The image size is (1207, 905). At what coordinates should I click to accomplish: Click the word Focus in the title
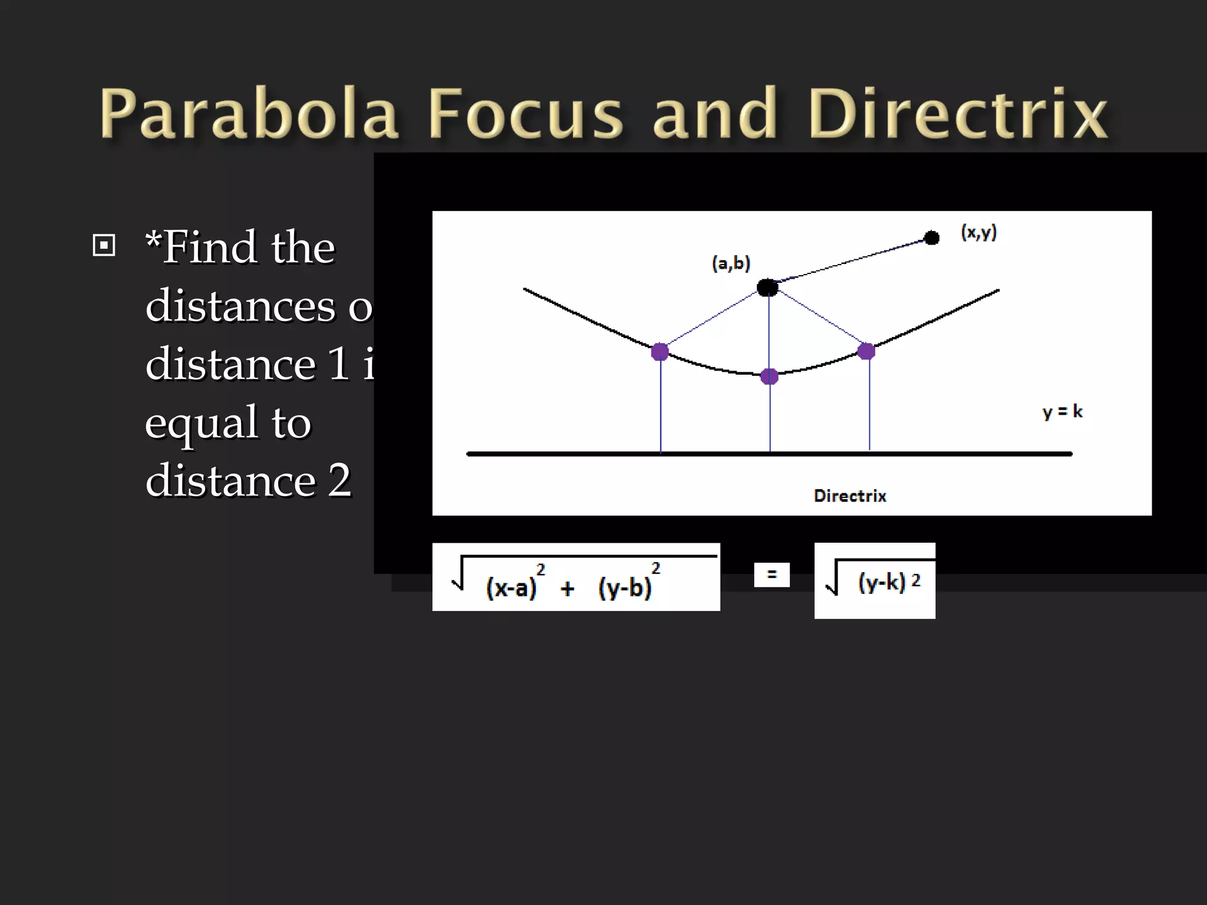[525, 113]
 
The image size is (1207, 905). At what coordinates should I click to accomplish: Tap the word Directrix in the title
[958, 113]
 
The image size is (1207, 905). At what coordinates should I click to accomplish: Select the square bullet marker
[104, 245]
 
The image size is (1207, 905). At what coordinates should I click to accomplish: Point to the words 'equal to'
[228, 422]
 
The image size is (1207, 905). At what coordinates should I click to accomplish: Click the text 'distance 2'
[248, 480]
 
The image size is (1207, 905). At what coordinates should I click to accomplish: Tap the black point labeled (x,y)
[932, 238]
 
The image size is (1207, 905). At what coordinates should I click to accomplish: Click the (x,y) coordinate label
[979, 232]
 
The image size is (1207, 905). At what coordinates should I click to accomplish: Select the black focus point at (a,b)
[767, 288]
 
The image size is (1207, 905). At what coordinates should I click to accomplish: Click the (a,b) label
[731, 263]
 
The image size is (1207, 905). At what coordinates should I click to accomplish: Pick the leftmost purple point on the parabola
[660, 352]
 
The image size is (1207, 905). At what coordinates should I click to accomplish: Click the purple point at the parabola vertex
[769, 376]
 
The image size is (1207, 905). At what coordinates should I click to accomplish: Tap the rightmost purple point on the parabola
[866, 351]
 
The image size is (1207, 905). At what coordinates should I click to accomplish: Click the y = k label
[1062, 411]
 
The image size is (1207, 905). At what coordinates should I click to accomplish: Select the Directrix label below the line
[850, 496]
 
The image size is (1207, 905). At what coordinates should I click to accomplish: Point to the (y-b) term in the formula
[625, 588]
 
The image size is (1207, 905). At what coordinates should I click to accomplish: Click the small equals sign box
[771, 574]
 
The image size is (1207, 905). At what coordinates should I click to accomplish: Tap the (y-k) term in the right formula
[881, 582]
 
